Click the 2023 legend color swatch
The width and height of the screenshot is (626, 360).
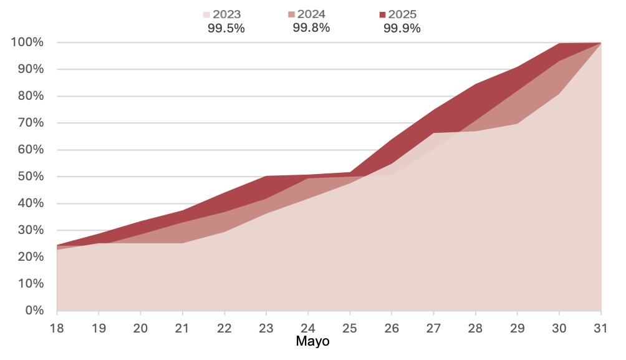(x=207, y=14)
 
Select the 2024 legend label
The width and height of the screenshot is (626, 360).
(x=312, y=14)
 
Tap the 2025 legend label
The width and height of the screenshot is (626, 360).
(x=402, y=14)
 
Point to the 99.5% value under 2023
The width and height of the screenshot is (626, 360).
(x=226, y=28)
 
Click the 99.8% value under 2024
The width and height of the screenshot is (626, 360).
(x=311, y=27)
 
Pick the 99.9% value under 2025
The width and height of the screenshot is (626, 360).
(x=402, y=28)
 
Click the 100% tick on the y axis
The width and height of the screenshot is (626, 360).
(x=27, y=42)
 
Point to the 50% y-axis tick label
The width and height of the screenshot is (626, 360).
(x=30, y=177)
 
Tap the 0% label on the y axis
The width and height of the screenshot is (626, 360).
(x=33, y=310)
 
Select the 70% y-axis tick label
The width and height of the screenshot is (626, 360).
(x=30, y=123)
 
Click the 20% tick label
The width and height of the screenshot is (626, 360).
(x=30, y=256)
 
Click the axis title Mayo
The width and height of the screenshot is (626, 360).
(x=312, y=342)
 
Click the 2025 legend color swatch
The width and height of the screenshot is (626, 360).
(x=382, y=14)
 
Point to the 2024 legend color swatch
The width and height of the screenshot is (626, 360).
(x=292, y=14)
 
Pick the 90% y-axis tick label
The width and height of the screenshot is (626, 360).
(x=30, y=69)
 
